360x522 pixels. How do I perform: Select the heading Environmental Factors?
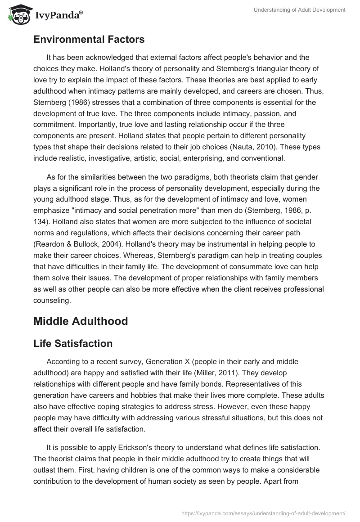[x=89, y=40]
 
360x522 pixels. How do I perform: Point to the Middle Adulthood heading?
[x=81, y=321]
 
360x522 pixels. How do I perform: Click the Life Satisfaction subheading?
[x=73, y=344]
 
